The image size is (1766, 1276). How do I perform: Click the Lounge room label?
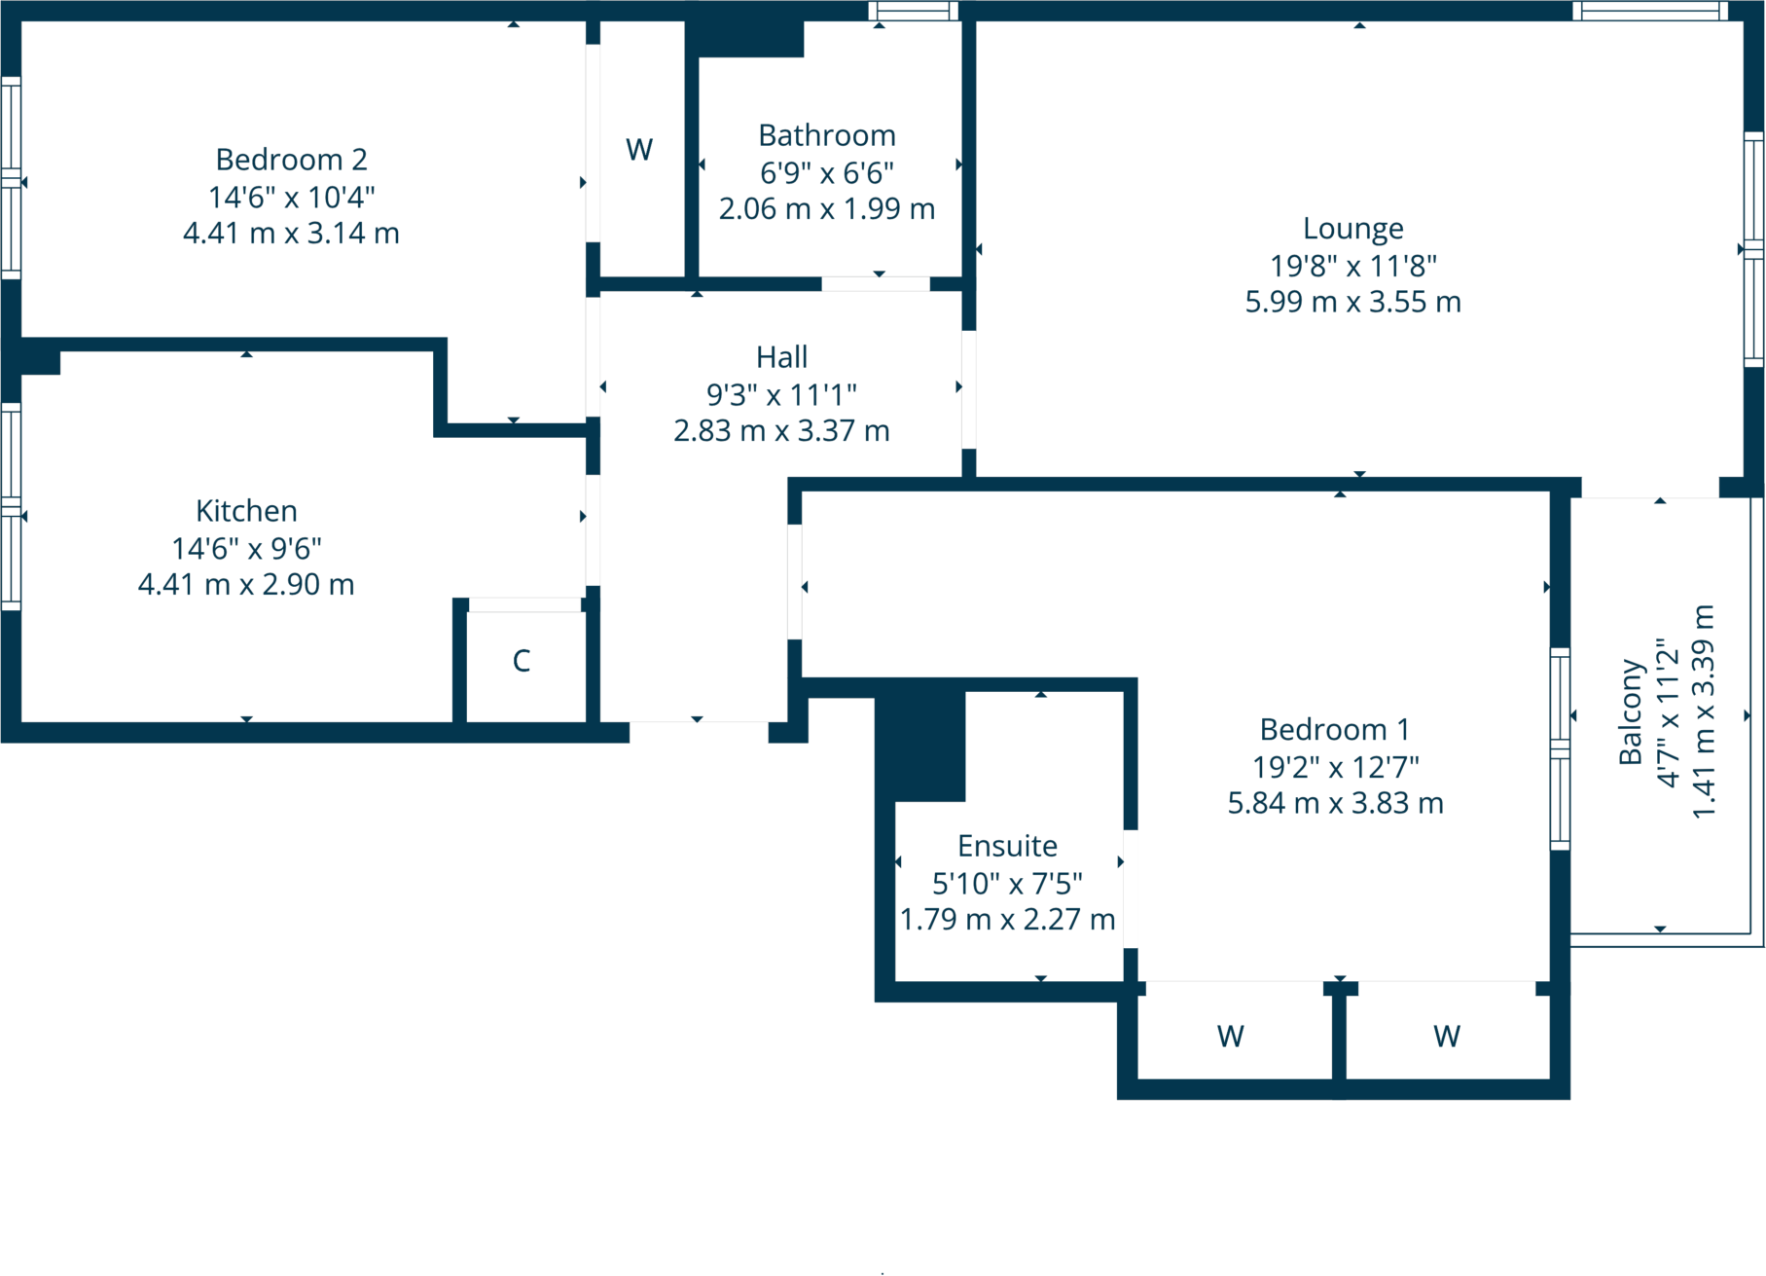[1352, 229]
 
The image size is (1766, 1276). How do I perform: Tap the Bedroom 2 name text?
[291, 160]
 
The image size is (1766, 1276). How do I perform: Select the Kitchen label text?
[246, 511]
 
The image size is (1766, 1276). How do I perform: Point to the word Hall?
[781, 357]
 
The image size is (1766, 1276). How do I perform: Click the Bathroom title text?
[826, 135]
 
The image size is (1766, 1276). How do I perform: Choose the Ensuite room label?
[1007, 846]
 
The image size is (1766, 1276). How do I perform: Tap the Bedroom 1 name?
[1334, 729]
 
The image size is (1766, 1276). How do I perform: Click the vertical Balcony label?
[1631, 711]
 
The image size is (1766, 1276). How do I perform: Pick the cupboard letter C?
[522, 661]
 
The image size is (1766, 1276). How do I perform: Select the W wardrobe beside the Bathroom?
[639, 150]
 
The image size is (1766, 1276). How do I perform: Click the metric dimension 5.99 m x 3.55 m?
[1352, 302]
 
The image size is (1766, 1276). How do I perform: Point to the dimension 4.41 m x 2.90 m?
[246, 584]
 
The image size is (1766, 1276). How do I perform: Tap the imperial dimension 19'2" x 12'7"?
[1335, 767]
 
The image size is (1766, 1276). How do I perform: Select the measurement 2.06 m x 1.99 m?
[826, 208]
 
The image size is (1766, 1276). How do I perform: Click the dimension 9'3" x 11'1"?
[781, 394]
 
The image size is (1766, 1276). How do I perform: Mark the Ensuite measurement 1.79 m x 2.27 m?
[1007, 919]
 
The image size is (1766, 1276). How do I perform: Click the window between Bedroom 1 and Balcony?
[1560, 747]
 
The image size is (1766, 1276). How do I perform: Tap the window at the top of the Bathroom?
[913, 11]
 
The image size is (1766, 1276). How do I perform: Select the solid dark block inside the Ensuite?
[920, 745]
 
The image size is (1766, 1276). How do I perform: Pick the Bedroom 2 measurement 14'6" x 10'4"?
[291, 198]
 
